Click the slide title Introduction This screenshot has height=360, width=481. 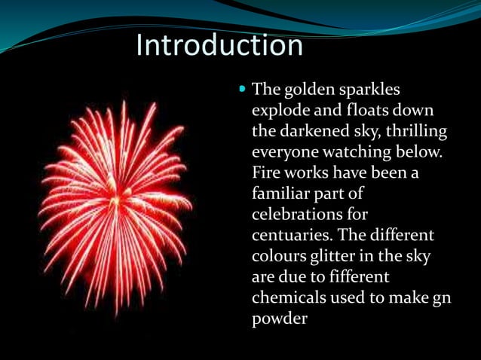[219, 45]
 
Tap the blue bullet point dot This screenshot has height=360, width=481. [242, 88]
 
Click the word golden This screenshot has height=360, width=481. [308, 90]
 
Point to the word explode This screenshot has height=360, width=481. [282, 111]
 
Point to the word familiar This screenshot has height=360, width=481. [281, 194]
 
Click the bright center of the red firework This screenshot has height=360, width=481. [115, 202]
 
